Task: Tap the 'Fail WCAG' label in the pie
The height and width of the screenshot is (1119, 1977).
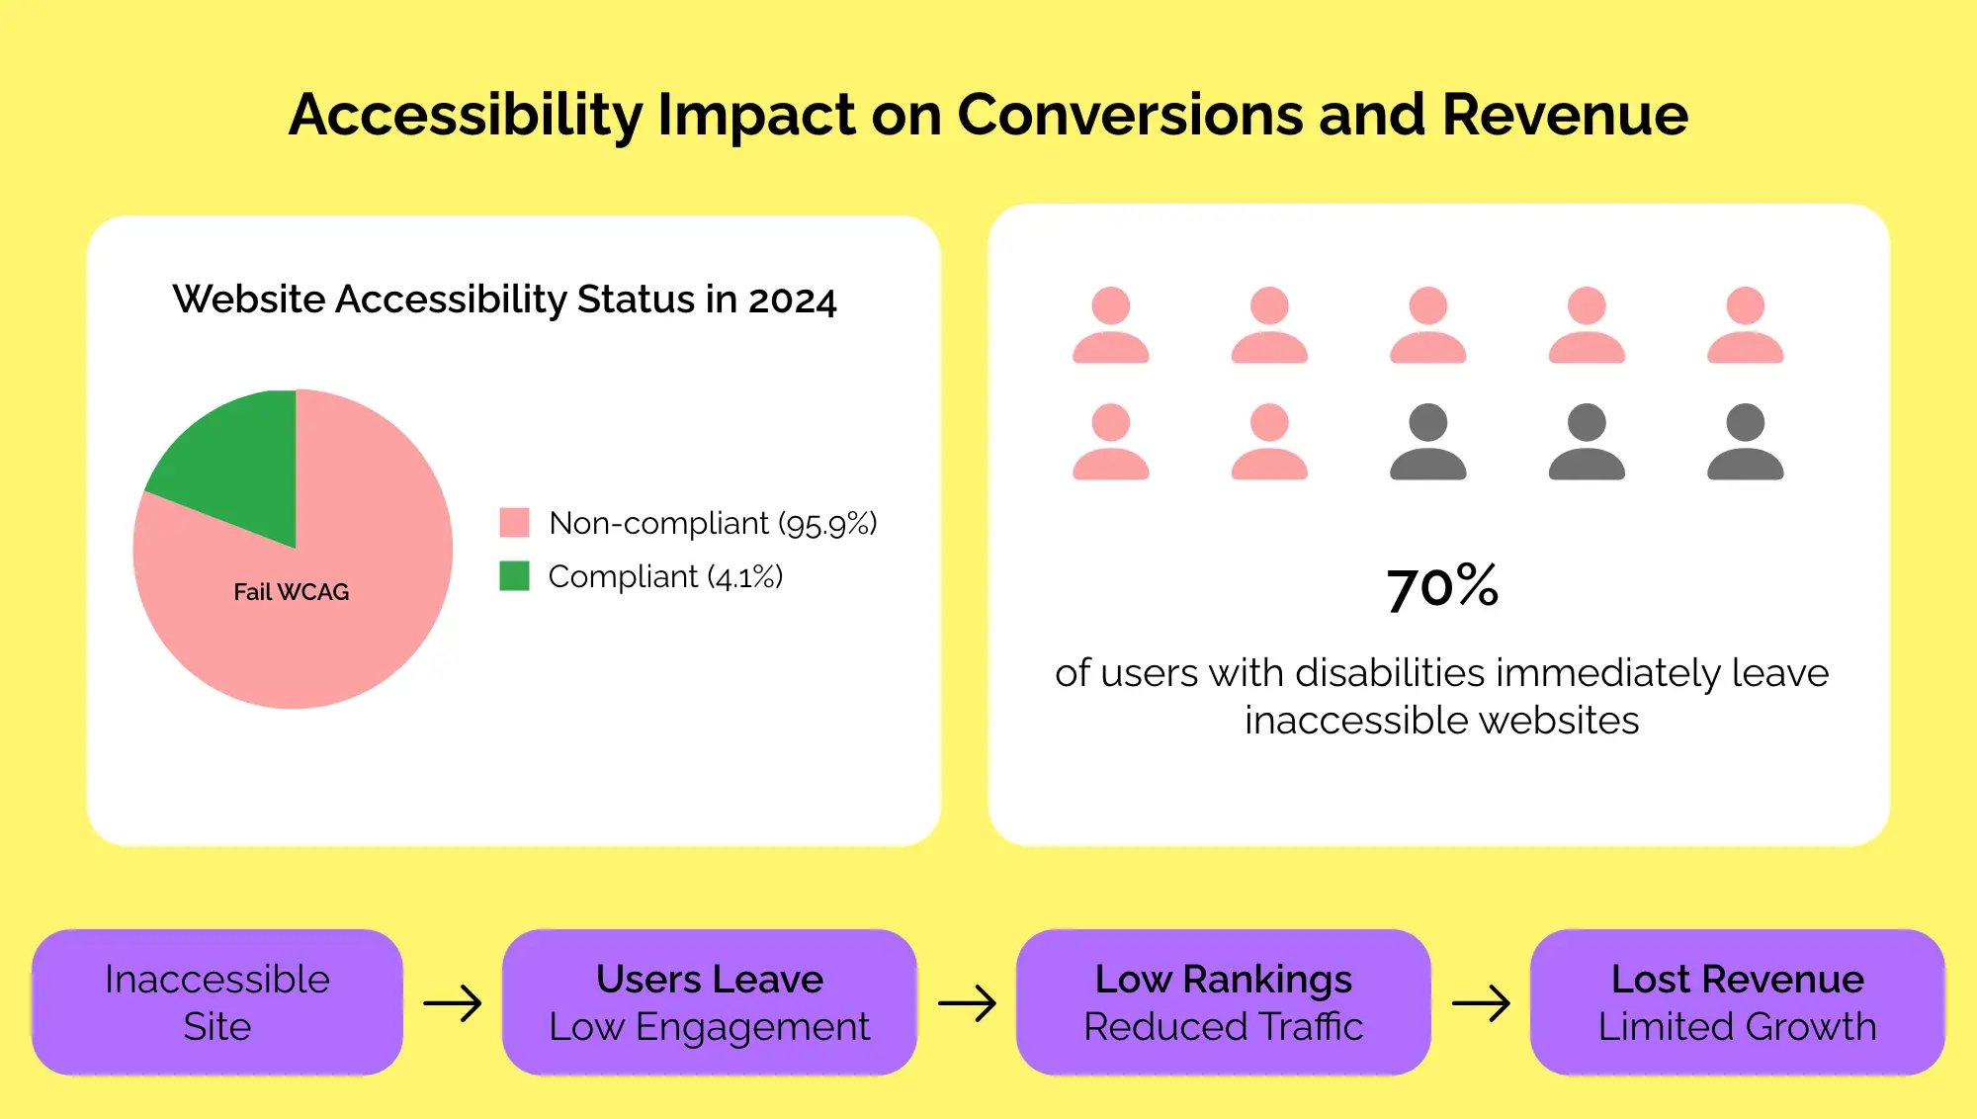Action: tap(291, 592)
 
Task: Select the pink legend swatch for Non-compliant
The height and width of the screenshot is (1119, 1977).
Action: tap(514, 522)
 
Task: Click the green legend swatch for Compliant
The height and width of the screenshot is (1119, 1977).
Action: tap(514, 575)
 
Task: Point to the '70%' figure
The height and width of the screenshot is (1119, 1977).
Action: tap(1442, 586)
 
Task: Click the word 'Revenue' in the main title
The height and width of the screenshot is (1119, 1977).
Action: tap(1565, 115)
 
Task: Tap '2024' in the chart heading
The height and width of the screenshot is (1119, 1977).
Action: tap(792, 300)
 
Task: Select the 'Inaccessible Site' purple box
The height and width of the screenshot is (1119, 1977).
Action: tap(217, 1002)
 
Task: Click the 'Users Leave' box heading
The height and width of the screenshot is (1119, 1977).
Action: tap(709, 979)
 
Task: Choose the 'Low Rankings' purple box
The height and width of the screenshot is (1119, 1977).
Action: tap(1223, 1002)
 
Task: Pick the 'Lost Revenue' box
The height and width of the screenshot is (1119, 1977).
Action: tap(1737, 1002)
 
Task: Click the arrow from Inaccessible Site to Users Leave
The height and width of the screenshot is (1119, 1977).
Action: tap(453, 1003)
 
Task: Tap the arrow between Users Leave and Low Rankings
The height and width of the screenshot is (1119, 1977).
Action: tap(967, 1003)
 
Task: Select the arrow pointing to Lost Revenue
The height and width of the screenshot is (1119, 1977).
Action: tap(1481, 1003)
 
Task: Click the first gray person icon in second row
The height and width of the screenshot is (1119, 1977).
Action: tap(1427, 442)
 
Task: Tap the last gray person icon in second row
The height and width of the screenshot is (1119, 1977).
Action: tap(1745, 442)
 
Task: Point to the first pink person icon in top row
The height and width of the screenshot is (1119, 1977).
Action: tap(1110, 325)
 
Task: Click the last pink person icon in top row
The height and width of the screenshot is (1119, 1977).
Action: tap(1745, 325)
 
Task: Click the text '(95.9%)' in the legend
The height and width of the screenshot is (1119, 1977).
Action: tap(827, 523)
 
